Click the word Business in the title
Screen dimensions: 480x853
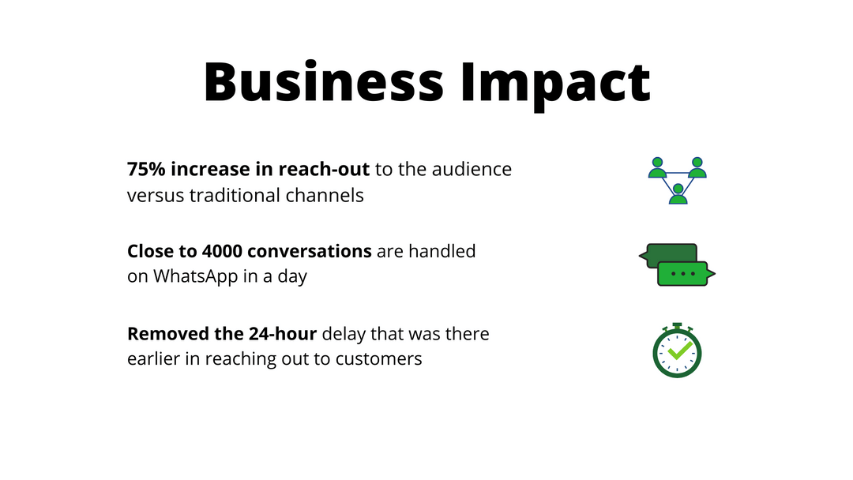pos(323,81)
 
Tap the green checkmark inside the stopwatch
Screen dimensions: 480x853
pos(678,349)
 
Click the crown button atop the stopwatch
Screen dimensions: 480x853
pos(678,324)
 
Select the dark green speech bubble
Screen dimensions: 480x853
pos(668,253)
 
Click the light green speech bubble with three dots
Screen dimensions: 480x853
pos(684,274)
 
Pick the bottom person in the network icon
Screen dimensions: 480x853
pos(678,194)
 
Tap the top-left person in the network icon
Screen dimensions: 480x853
pos(657,167)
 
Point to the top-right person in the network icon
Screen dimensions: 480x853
pos(697,167)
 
